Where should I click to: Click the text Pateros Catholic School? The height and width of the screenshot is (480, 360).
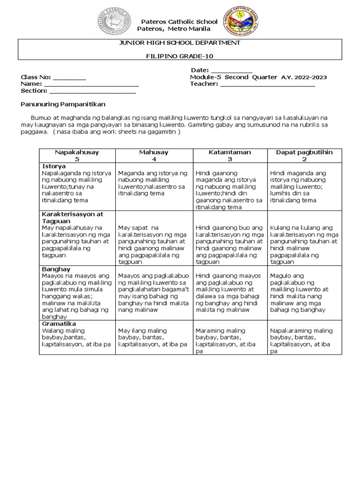click(x=180, y=22)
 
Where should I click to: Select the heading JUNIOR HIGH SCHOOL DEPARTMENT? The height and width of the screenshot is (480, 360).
click(x=180, y=43)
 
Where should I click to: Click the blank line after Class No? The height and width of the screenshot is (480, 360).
click(x=69, y=77)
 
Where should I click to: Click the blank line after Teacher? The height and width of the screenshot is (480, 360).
click(x=267, y=84)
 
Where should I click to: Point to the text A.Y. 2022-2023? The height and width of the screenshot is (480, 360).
click(x=305, y=77)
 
